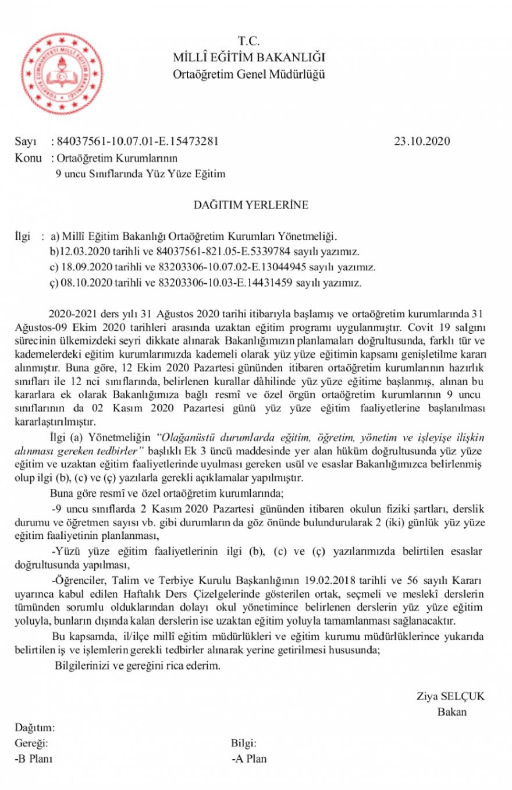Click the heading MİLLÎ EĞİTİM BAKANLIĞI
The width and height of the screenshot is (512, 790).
pyautogui.click(x=249, y=57)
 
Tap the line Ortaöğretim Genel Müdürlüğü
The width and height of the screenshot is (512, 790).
pyautogui.click(x=249, y=74)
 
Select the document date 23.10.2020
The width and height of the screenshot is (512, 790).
pyautogui.click(x=422, y=142)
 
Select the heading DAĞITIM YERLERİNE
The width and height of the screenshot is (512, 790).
pyautogui.click(x=251, y=205)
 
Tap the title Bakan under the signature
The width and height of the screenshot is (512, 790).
pyautogui.click(x=451, y=712)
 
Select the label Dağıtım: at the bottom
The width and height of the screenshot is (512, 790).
pyautogui.click(x=34, y=728)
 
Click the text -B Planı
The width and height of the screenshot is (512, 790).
pyautogui.click(x=33, y=759)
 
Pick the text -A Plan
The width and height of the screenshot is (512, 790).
pyautogui.click(x=249, y=759)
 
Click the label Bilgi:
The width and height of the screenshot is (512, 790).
pyautogui.click(x=244, y=743)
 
